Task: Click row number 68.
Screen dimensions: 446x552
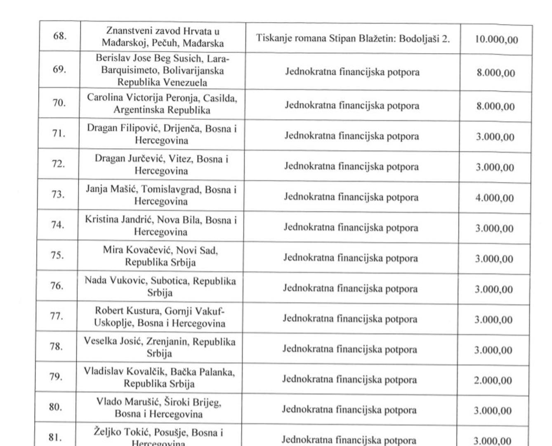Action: [60, 36]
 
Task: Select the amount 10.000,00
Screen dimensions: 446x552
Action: [496, 40]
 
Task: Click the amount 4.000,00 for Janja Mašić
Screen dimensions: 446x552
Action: [495, 198]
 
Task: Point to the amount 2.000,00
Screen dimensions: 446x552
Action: [493, 380]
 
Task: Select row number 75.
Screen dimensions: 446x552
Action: [57, 255]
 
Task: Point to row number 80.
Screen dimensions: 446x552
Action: [55, 407]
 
